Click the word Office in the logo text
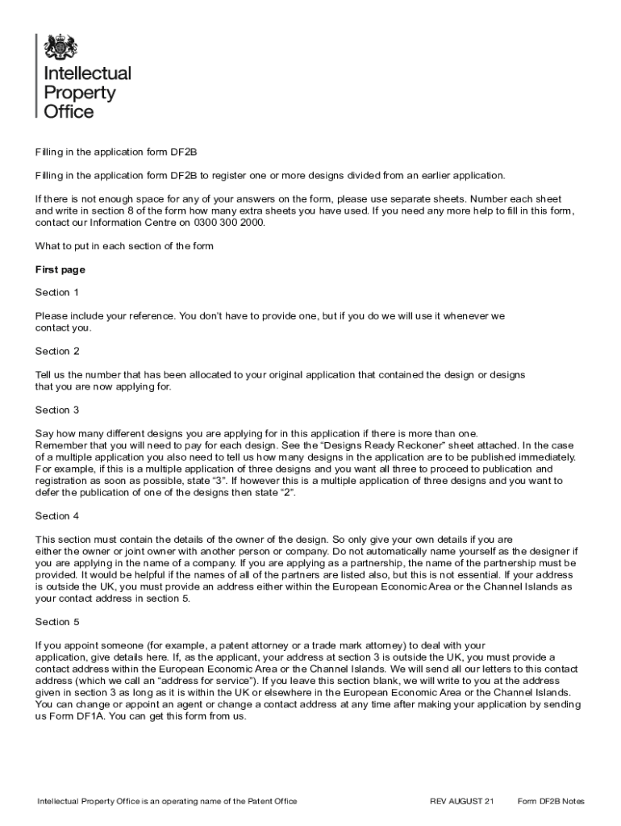(69, 112)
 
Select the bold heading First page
(60, 269)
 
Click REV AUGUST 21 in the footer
(462, 801)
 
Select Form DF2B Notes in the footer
(551, 801)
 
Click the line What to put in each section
(124, 246)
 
